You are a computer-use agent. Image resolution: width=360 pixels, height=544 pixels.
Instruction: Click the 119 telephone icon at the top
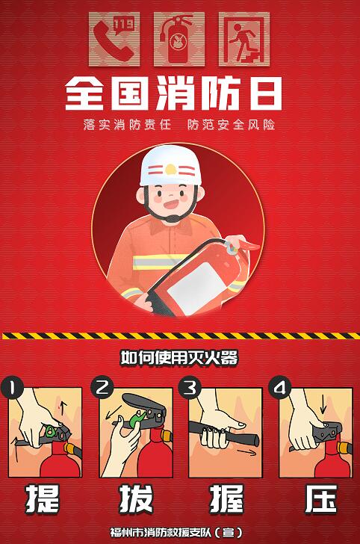[x=114, y=39]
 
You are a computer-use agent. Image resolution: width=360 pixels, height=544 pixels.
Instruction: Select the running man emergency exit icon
[x=244, y=39]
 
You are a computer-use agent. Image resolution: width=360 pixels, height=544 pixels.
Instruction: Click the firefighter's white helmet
[x=170, y=166]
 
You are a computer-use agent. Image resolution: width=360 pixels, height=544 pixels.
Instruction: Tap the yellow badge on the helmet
[x=170, y=170]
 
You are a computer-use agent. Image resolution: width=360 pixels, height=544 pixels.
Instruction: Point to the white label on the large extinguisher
[x=197, y=285]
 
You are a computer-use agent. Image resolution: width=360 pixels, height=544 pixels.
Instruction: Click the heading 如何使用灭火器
[x=179, y=358]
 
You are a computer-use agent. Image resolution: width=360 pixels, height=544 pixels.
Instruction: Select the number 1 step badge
[x=12, y=389]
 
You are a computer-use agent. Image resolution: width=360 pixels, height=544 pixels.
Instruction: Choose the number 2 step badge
[x=102, y=387]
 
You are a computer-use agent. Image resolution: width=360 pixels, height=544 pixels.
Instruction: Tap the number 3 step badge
[x=190, y=388]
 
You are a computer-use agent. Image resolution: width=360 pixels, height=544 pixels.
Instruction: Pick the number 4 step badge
[x=280, y=387]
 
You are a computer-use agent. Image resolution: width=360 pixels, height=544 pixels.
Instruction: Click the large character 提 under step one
[x=43, y=498]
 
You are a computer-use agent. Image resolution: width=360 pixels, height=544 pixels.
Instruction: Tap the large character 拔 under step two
[x=136, y=498]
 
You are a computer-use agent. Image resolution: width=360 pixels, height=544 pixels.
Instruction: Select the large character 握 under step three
[x=226, y=498]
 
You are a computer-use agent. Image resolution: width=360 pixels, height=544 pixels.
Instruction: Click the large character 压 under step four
[x=321, y=498]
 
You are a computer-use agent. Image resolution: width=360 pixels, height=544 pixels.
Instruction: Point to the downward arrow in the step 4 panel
[x=323, y=406]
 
